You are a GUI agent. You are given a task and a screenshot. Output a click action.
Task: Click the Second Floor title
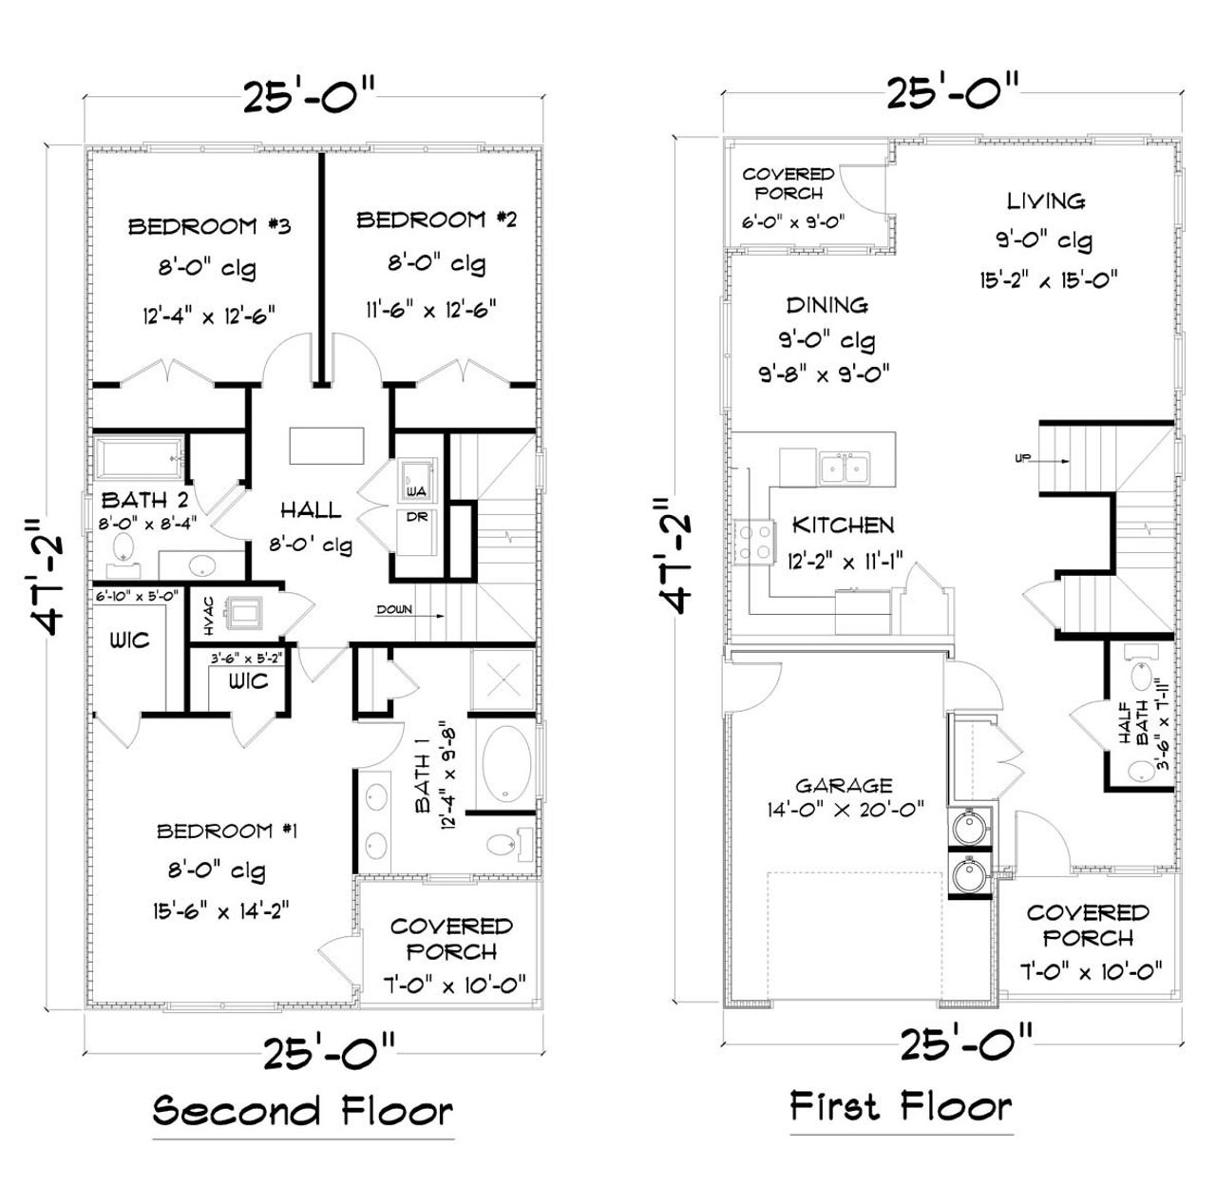[x=303, y=1110]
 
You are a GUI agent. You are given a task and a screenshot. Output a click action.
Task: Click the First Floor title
[x=901, y=1106]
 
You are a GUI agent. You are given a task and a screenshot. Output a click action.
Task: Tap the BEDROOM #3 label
[x=209, y=226]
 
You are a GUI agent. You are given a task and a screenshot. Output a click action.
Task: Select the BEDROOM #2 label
[x=436, y=220]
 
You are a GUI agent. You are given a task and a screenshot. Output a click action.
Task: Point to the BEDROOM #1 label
[x=227, y=832]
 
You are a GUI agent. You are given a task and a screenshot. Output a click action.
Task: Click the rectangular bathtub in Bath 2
[x=139, y=459]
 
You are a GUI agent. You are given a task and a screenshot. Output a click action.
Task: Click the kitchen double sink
[x=845, y=469]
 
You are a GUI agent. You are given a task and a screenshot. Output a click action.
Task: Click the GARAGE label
[x=844, y=786]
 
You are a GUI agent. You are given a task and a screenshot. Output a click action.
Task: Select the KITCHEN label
[x=844, y=526]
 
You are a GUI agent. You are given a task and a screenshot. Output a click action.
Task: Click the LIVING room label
[x=1046, y=201]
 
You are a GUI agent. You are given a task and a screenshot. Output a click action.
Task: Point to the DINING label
[x=826, y=305]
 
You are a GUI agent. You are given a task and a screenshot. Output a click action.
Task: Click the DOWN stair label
[x=394, y=609]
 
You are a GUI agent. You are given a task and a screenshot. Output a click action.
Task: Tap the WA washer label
[x=414, y=492]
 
